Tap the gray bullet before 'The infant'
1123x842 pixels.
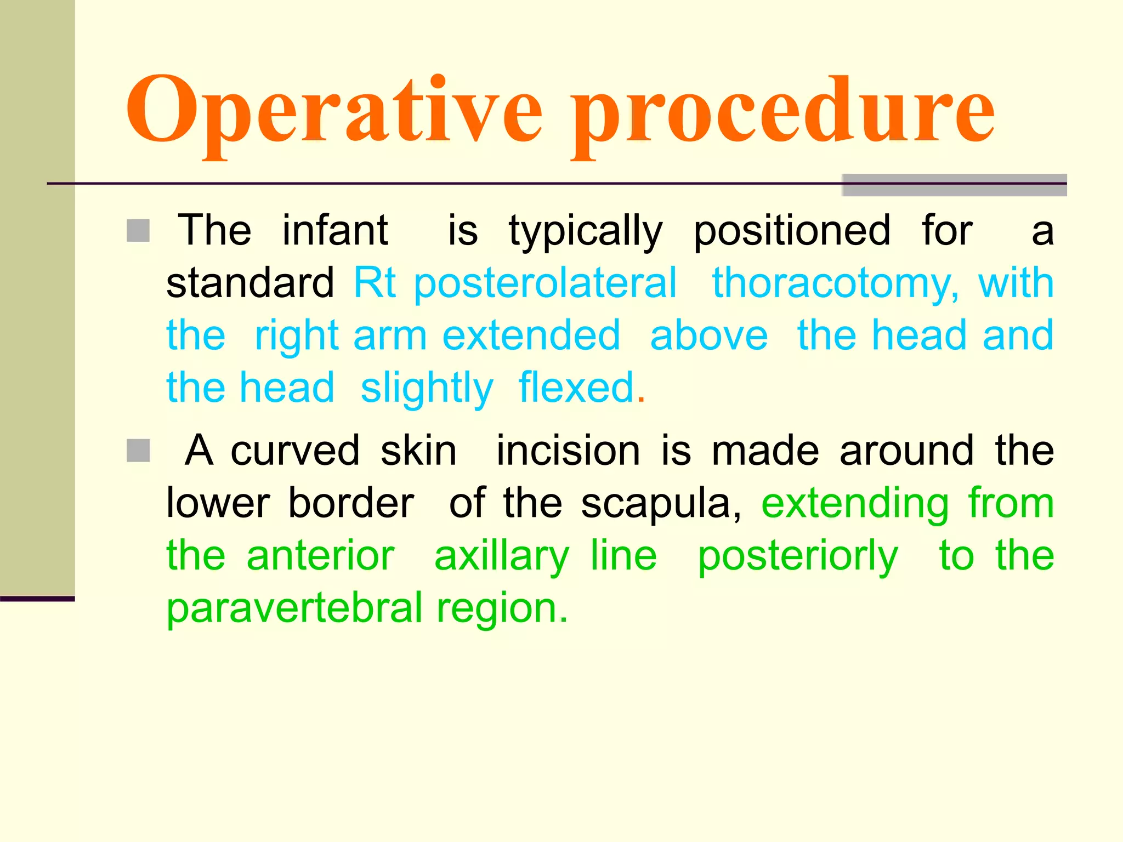[138, 231]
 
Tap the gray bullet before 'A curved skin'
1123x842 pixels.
[138, 451]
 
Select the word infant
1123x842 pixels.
[335, 230]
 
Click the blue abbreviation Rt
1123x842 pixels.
[375, 283]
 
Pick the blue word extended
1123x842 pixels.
[531, 335]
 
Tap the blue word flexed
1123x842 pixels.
[576, 388]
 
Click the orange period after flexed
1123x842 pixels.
[641, 400]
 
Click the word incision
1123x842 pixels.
[568, 451]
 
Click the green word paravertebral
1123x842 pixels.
[294, 608]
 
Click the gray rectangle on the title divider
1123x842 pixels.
[954, 185]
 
